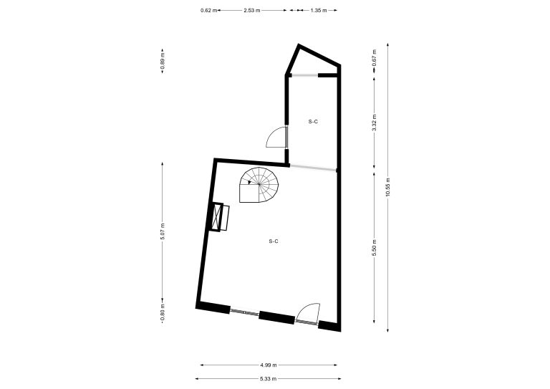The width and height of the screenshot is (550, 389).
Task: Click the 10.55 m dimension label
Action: pyautogui.click(x=387, y=188)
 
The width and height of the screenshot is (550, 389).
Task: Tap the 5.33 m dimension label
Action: pyautogui.click(x=269, y=379)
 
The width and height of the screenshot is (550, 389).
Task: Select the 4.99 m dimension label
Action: pyautogui.click(x=269, y=365)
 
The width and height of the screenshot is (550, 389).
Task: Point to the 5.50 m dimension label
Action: pyautogui.click(x=375, y=247)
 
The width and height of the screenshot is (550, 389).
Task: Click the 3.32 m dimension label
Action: pyautogui.click(x=375, y=123)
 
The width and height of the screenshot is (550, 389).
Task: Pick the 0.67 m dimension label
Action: pyautogui.click(x=375, y=58)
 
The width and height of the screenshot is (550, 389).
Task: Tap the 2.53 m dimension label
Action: pyautogui.click(x=252, y=11)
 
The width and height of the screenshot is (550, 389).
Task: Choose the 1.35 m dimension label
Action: pyautogui.click(x=319, y=11)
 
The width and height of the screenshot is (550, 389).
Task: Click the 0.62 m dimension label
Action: pyautogui.click(x=208, y=11)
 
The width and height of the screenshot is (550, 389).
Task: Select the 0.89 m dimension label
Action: pyautogui.click(x=162, y=60)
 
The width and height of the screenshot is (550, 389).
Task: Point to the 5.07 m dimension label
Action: pyautogui.click(x=162, y=231)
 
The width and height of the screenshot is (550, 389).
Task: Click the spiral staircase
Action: pyautogui.click(x=259, y=185)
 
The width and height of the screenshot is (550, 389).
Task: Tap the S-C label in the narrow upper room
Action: pyautogui.click(x=313, y=122)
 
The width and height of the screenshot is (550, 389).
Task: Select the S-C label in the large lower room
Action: pyautogui.click(x=274, y=241)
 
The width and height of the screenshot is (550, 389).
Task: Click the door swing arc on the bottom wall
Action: pyautogui.click(x=308, y=312)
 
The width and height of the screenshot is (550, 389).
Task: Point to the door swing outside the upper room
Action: pyautogui.click(x=276, y=137)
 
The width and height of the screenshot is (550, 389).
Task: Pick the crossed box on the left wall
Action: pyautogui.click(x=218, y=217)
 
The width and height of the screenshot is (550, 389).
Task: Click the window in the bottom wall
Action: pyautogui.click(x=244, y=312)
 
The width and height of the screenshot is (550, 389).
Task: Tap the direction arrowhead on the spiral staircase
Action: pyautogui.click(x=249, y=182)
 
